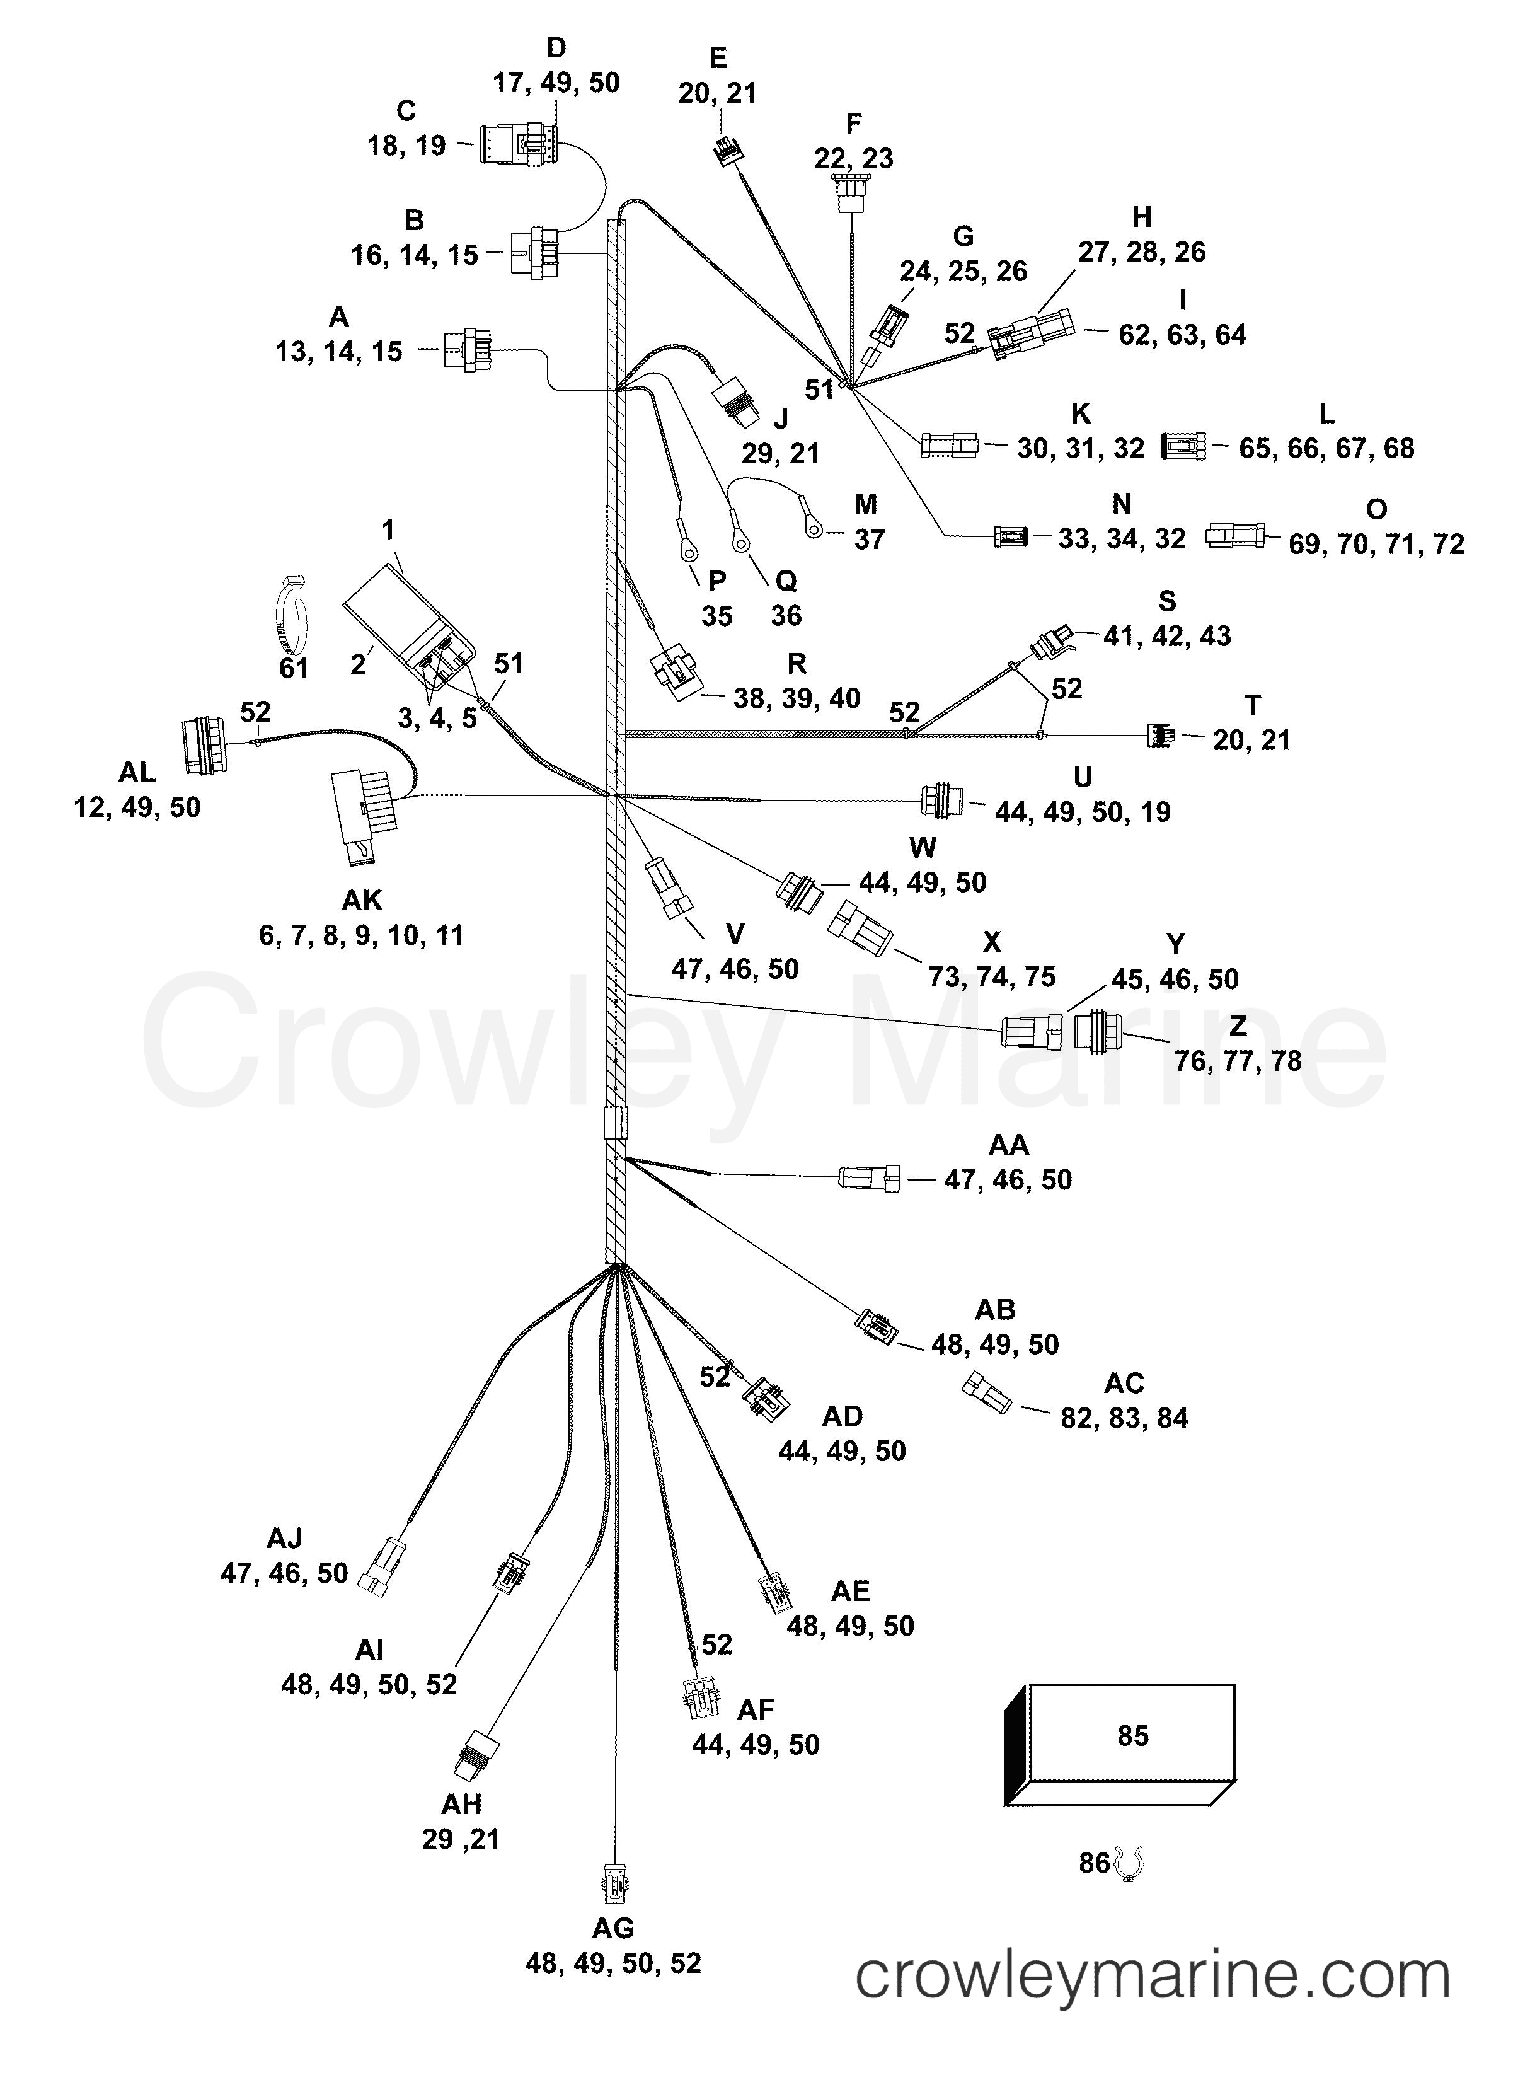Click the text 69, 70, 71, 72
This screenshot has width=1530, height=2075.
1376,544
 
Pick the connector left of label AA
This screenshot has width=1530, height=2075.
869,1177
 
